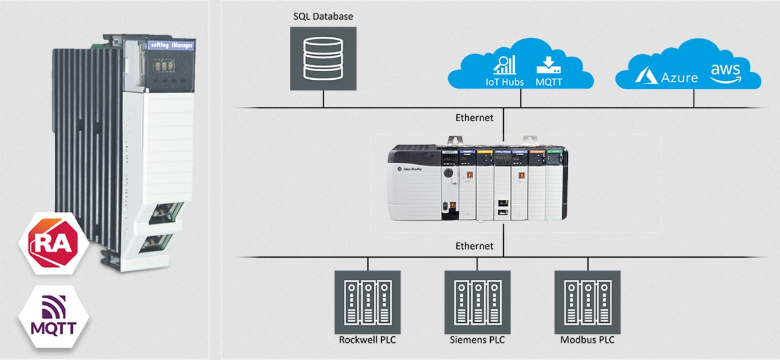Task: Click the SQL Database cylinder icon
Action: pos(323,58)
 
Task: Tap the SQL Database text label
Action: pos(323,16)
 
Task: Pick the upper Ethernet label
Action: pos(474,118)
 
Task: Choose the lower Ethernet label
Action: pos(474,246)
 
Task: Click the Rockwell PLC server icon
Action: pos(367,302)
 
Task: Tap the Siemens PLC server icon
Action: pos(477,302)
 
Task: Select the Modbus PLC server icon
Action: pos(588,302)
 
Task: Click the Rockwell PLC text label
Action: pos(367,340)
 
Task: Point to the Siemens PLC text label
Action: pos(477,340)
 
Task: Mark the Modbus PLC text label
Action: pos(588,340)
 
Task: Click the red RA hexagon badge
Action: pos(53,244)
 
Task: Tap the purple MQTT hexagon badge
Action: pos(53,317)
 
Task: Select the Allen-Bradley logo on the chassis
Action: pos(420,168)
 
